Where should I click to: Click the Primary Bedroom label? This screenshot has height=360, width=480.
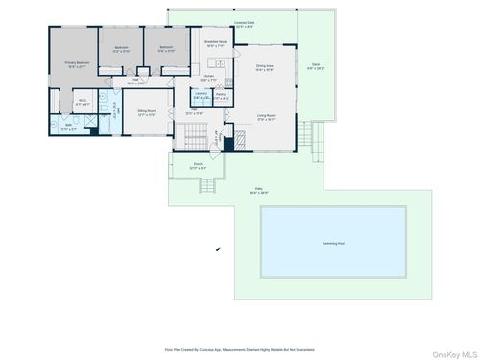click(x=76, y=64)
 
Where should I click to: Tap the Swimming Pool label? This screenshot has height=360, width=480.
click(x=334, y=244)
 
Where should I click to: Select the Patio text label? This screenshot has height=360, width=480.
click(x=258, y=189)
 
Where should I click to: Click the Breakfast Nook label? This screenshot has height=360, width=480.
click(x=215, y=43)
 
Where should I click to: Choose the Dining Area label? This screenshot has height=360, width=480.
click(x=264, y=67)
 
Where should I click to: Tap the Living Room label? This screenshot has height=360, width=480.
click(x=264, y=117)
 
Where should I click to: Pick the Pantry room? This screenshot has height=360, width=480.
click(x=221, y=96)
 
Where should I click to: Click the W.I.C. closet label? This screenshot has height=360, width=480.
click(x=57, y=102)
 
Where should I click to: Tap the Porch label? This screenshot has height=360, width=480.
click(x=199, y=166)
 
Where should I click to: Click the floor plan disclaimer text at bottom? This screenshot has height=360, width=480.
click(x=239, y=349)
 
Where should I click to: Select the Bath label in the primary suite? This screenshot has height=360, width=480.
click(x=42, y=126)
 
